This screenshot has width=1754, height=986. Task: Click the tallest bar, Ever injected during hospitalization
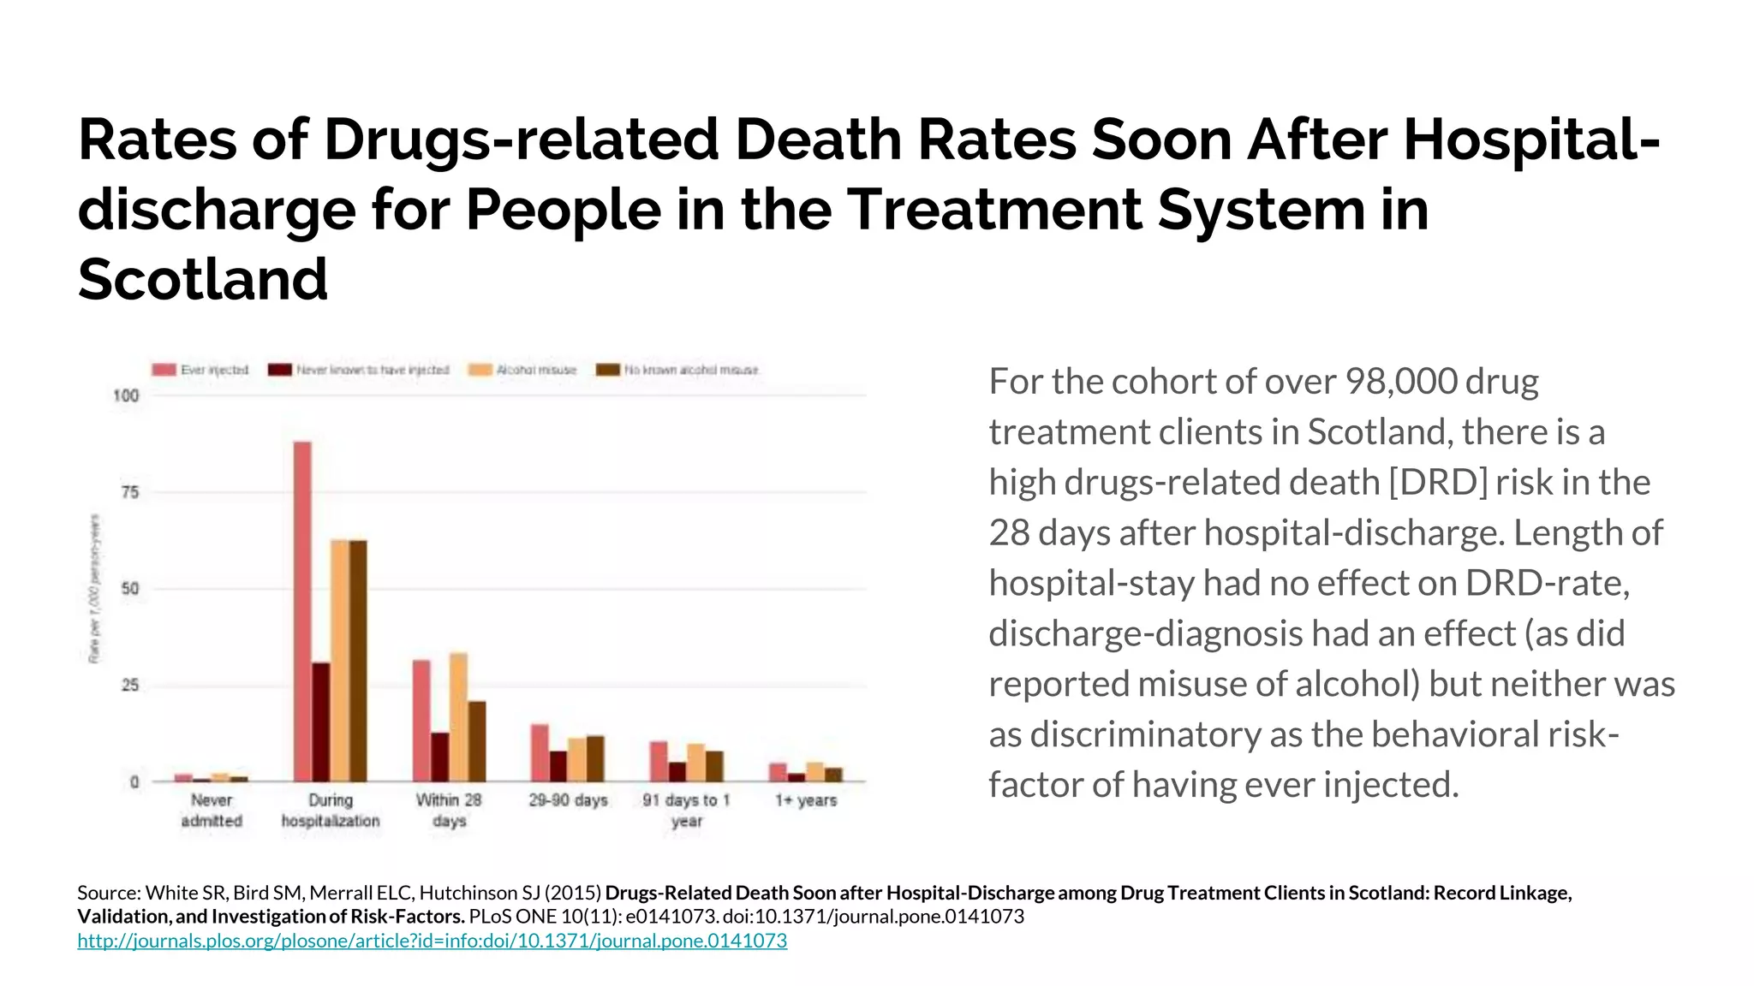tap(302, 611)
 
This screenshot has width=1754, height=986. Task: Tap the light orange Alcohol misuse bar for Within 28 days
tap(458, 717)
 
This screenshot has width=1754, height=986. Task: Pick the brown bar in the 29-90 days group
tap(595, 758)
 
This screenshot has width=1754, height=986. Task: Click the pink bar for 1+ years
tap(778, 772)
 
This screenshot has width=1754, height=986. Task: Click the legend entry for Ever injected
tap(200, 370)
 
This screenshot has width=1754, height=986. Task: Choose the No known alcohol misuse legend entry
tap(677, 370)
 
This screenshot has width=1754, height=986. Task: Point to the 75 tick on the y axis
tap(129, 492)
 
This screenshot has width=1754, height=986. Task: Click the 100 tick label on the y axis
tap(126, 395)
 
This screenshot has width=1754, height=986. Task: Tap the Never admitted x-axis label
tap(212, 811)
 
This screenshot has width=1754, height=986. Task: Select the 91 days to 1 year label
tap(686, 811)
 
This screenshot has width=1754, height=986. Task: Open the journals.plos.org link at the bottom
tap(432, 941)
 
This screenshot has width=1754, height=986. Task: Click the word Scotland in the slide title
tap(203, 279)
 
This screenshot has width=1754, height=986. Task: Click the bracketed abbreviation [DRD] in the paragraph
tap(1438, 483)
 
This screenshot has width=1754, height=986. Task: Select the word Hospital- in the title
tap(1531, 139)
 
